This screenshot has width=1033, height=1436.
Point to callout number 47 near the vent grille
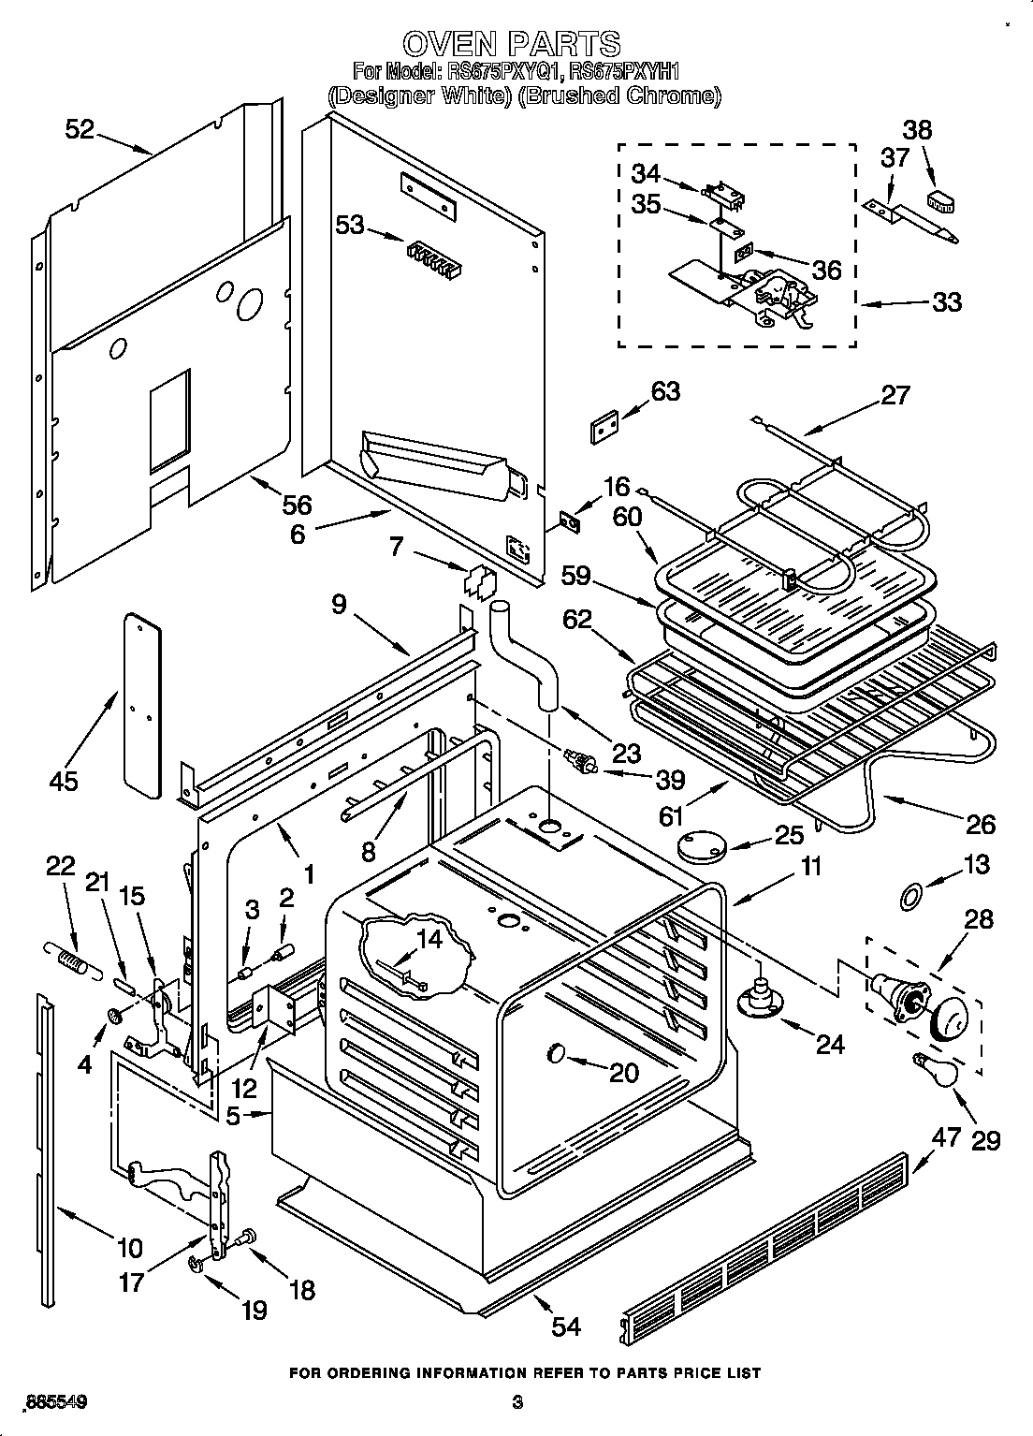pos(947,1136)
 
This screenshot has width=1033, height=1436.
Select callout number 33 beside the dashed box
pos(947,301)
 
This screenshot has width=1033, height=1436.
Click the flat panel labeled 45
pos(141,704)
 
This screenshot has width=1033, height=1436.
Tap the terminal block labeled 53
pos(434,257)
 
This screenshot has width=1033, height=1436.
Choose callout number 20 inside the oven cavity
pos(623,1073)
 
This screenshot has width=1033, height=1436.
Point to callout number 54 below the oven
pos(566,1326)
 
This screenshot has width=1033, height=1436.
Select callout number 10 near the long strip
pos(129,1247)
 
